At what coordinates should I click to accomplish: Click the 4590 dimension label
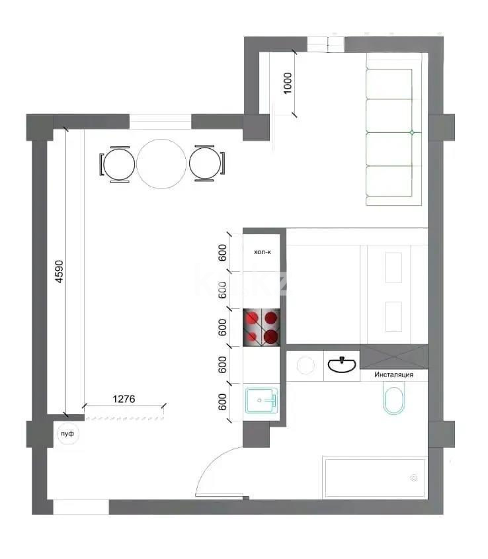[x=59, y=271]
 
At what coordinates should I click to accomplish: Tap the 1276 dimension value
[x=124, y=399]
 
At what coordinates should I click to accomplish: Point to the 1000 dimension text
[x=288, y=83]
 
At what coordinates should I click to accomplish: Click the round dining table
[x=161, y=163]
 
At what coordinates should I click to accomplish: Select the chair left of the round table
[x=119, y=163]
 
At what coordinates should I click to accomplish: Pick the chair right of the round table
[x=204, y=163]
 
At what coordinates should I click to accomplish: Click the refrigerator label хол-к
[x=263, y=252]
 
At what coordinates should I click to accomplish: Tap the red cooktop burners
[x=263, y=327]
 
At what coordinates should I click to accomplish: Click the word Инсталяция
[x=393, y=375]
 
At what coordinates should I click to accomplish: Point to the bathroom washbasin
[x=341, y=364]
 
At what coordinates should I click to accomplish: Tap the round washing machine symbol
[x=305, y=365]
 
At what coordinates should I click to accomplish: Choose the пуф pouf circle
[x=66, y=434]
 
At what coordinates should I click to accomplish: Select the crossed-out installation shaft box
[x=393, y=357]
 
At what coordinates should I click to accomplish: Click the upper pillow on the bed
[x=393, y=267]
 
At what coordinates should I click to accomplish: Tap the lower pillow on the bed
[x=393, y=317]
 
